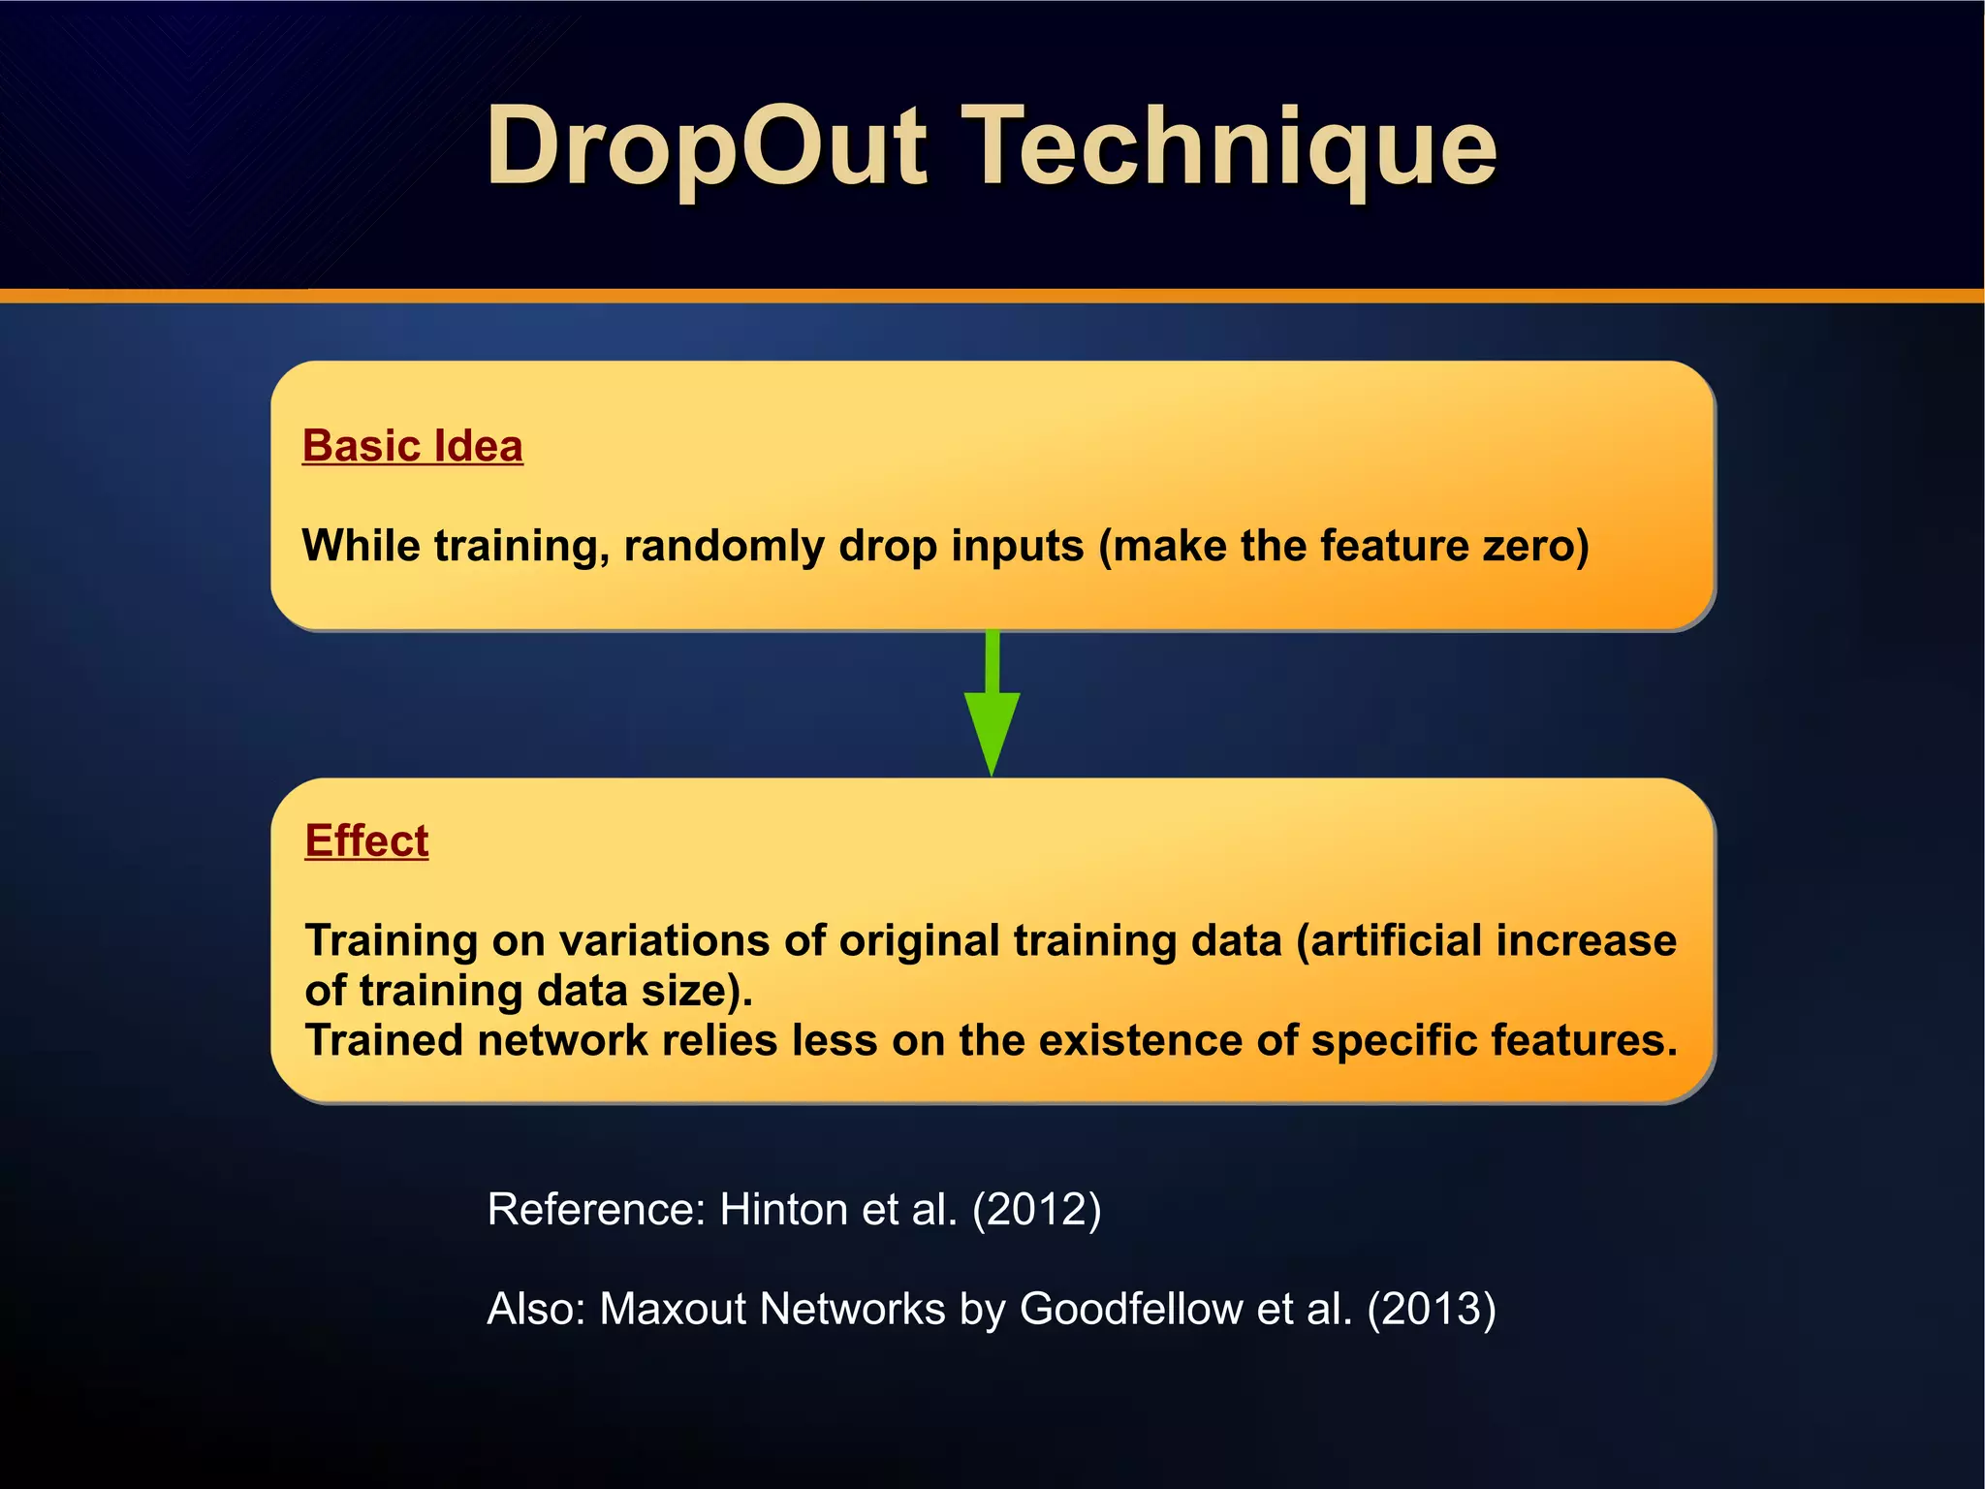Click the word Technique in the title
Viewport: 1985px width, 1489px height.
pos(1233,147)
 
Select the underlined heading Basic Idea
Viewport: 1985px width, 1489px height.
pos(412,447)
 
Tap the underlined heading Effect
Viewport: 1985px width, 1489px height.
pos(366,840)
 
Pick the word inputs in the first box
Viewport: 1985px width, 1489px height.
pos(1017,546)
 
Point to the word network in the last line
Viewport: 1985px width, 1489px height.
pos(561,1041)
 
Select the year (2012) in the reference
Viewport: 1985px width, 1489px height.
pos(1036,1210)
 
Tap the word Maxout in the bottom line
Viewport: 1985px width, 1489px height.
pos(674,1309)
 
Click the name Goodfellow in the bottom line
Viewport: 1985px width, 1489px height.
pos(1130,1309)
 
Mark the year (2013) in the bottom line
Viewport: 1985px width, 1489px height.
pos(1431,1309)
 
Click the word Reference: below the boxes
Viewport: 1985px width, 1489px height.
pos(596,1210)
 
